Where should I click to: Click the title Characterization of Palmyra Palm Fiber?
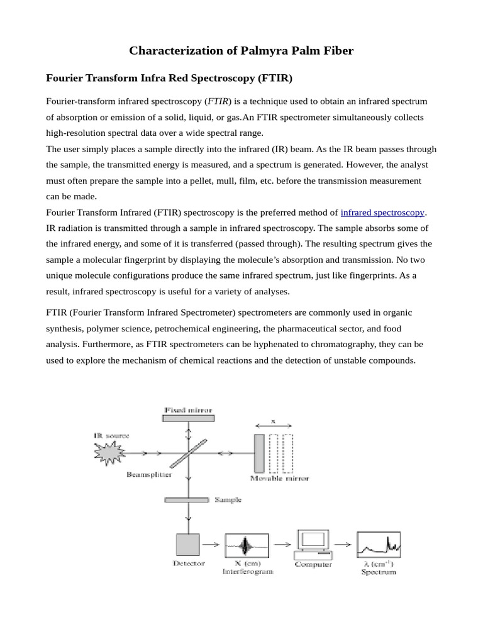point(241,50)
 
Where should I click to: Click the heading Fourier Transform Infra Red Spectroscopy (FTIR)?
point(170,79)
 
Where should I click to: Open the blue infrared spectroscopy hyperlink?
point(382,213)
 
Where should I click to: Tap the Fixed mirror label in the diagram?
point(188,410)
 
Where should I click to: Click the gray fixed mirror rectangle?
point(188,418)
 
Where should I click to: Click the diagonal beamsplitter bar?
point(188,453)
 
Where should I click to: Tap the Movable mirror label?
point(279,479)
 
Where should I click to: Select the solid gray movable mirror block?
point(259,453)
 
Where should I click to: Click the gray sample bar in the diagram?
point(187,500)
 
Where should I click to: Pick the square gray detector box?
point(187,545)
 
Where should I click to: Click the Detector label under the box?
point(189,563)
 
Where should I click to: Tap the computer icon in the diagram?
point(313,545)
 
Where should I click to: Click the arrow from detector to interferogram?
point(212,545)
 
